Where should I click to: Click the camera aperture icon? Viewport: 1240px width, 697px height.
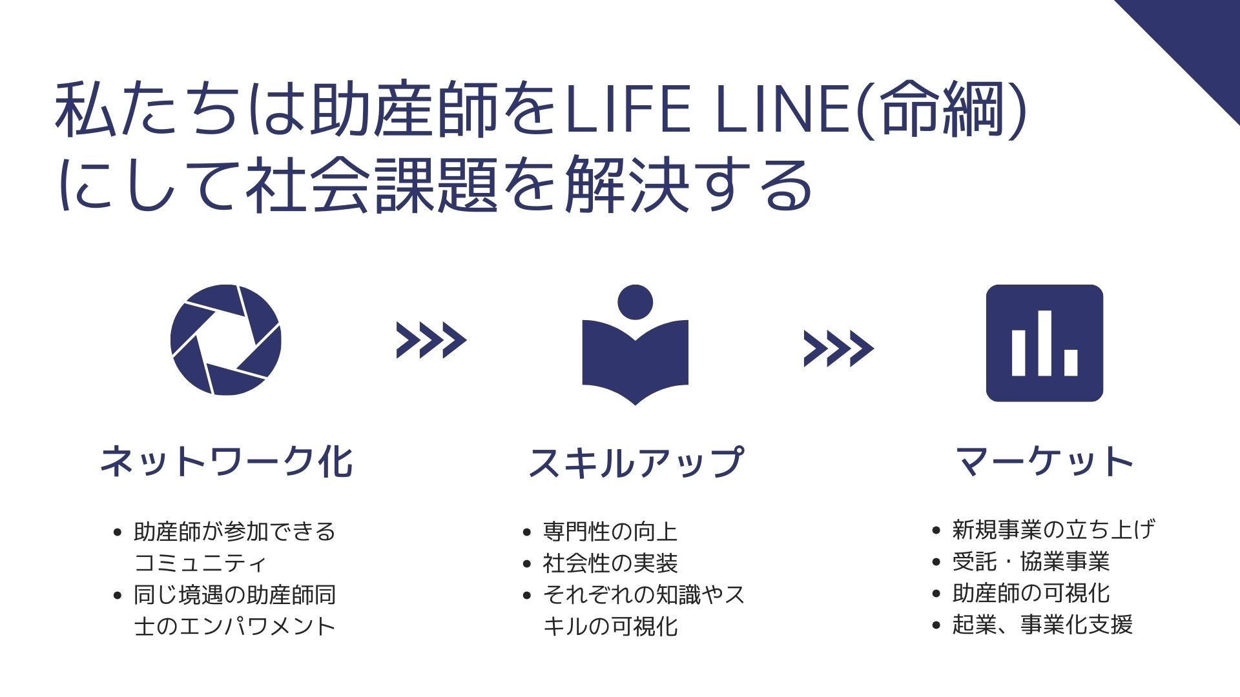[225, 340]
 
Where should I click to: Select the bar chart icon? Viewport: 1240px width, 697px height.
[1044, 343]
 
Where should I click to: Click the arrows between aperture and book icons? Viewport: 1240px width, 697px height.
[431, 340]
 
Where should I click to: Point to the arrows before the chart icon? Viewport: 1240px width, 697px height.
[838, 348]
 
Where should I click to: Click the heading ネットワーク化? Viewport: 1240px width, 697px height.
[226, 462]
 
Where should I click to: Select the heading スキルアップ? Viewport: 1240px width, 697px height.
[635, 462]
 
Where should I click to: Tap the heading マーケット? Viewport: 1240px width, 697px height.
[1044, 462]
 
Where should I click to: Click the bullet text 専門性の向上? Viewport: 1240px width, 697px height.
[610, 532]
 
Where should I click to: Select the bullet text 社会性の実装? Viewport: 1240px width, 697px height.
[610, 563]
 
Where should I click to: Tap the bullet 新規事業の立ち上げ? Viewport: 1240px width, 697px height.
[1053, 530]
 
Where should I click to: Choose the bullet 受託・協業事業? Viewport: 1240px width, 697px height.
[1031, 561]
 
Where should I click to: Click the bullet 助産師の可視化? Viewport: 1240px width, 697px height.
[1031, 593]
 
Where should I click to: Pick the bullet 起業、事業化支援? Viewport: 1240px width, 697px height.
[1042, 625]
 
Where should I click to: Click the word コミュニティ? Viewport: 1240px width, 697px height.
[200, 563]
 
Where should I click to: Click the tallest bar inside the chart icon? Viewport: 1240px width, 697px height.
[1044, 343]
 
